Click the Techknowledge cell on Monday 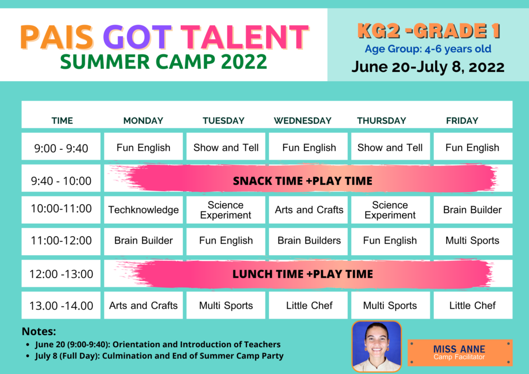tap(144, 210)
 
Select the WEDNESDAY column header tap(303, 121)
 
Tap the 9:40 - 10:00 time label tap(61, 181)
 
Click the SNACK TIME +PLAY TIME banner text tap(303, 181)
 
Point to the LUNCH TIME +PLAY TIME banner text tap(303, 274)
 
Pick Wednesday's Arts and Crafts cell tap(308, 210)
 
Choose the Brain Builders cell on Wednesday tap(308, 241)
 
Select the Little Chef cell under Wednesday tap(308, 305)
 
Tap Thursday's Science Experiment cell tap(391, 210)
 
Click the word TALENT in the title tap(244, 37)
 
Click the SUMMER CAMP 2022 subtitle tap(164, 62)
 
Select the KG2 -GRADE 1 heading tap(428, 31)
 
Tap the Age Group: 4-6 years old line tap(428, 49)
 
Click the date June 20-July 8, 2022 tap(428, 67)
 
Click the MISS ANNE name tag tap(460, 353)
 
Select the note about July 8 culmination tap(159, 356)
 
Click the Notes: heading tap(39, 332)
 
